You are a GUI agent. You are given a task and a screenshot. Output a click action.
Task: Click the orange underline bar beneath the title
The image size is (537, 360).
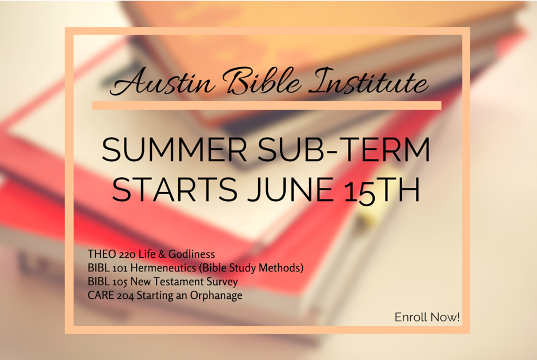tap(266, 105)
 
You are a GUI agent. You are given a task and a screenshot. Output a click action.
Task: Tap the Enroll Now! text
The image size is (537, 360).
tap(427, 317)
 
